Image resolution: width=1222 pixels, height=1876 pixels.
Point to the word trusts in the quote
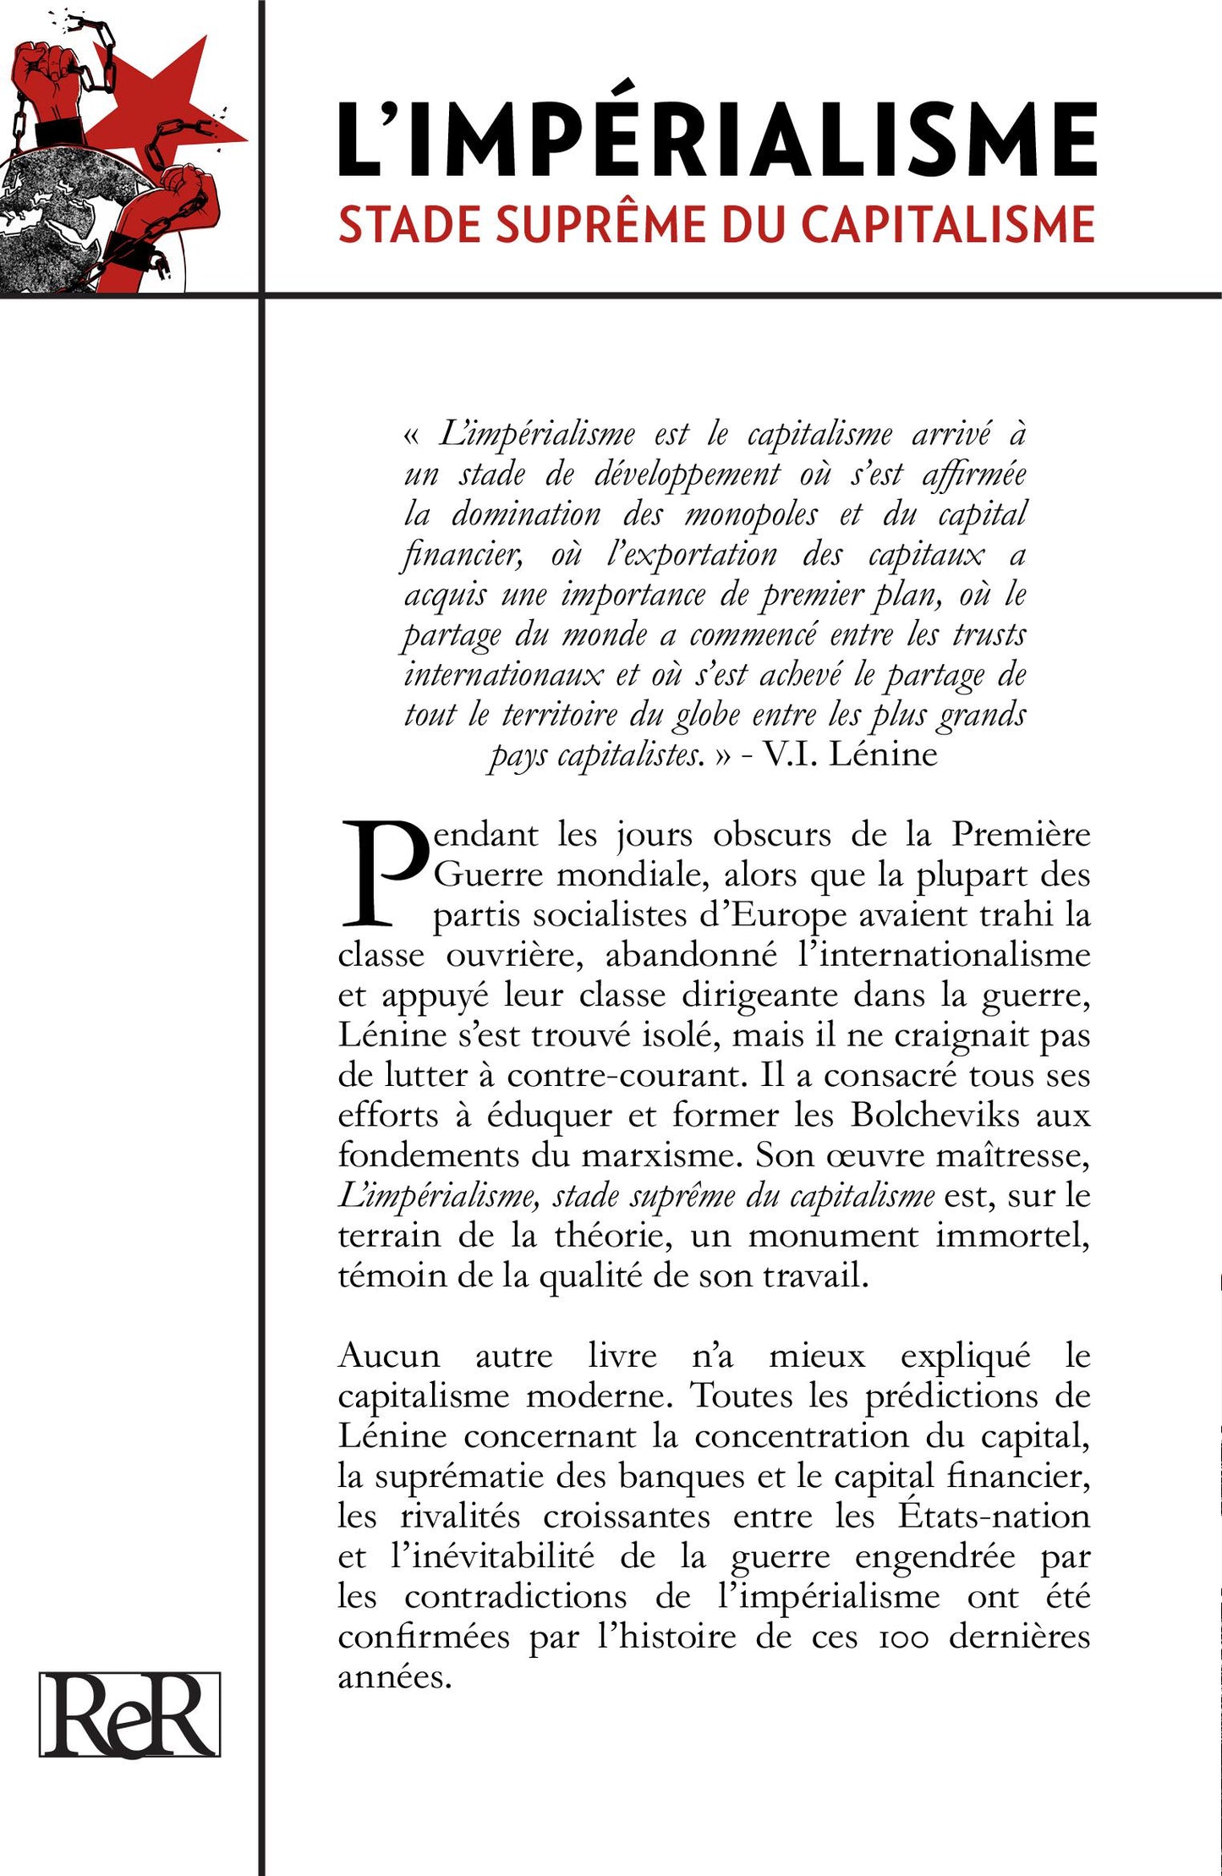tap(989, 634)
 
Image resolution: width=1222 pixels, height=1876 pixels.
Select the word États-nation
tap(993, 1517)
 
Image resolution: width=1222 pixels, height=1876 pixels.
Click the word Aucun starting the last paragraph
tap(389, 1357)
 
